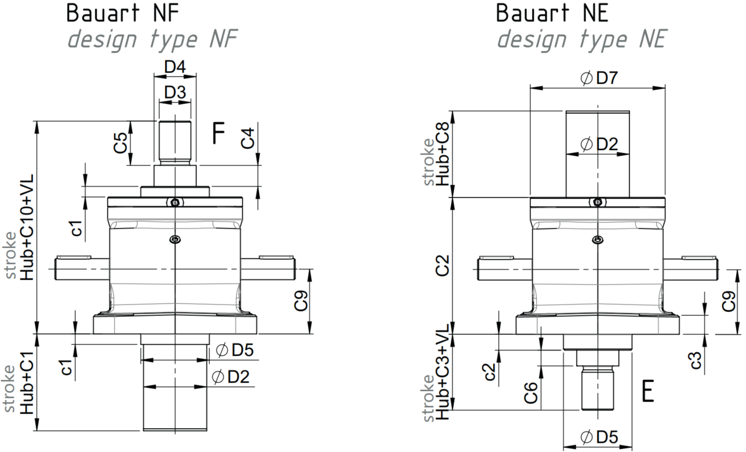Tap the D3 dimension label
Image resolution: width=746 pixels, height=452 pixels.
click(x=175, y=92)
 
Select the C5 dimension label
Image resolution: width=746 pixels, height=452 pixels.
click(x=120, y=143)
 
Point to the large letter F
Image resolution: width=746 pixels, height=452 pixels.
click(x=219, y=133)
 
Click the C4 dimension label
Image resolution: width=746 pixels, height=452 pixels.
click(x=248, y=138)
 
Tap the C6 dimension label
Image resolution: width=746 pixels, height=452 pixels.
click(x=531, y=393)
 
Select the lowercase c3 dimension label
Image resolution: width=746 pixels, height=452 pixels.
click(x=696, y=360)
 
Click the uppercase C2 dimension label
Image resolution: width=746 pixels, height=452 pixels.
click(x=443, y=265)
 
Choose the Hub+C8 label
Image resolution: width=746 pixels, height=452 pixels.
click(x=443, y=154)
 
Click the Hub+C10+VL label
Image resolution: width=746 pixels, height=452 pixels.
click(x=27, y=227)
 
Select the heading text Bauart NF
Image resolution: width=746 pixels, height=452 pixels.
click(x=123, y=13)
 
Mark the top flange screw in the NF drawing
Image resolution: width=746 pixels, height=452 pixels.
click(x=175, y=202)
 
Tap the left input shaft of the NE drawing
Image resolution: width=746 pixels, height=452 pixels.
click(x=504, y=269)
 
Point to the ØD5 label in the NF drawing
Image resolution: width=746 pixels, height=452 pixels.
click(x=235, y=350)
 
